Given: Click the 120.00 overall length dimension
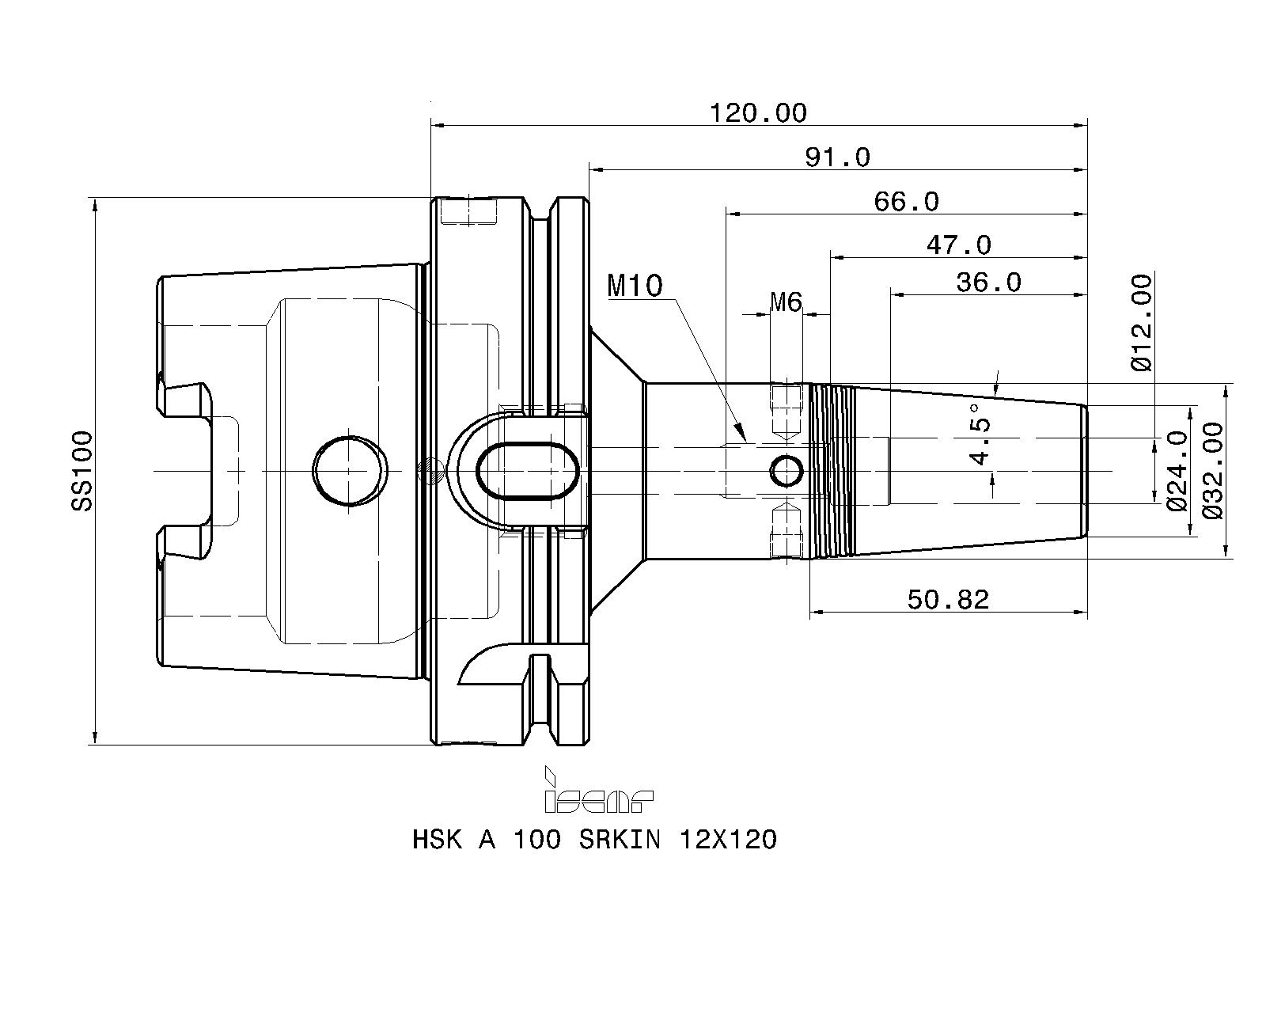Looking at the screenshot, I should (757, 113).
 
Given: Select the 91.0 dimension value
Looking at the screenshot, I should (837, 157).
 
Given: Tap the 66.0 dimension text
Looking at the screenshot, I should (906, 202).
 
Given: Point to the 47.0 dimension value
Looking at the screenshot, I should (958, 245).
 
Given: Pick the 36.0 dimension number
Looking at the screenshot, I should (988, 282).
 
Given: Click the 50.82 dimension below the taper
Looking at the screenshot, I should (948, 600).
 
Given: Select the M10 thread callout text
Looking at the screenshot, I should (635, 286).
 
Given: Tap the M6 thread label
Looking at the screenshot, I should (786, 302).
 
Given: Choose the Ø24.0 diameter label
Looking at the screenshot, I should (1177, 470).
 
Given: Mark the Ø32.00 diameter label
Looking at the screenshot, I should (1212, 470).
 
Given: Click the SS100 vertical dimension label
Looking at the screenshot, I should (81, 470).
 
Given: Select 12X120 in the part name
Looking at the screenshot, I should (728, 840).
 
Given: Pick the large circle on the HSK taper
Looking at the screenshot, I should (351, 470).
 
